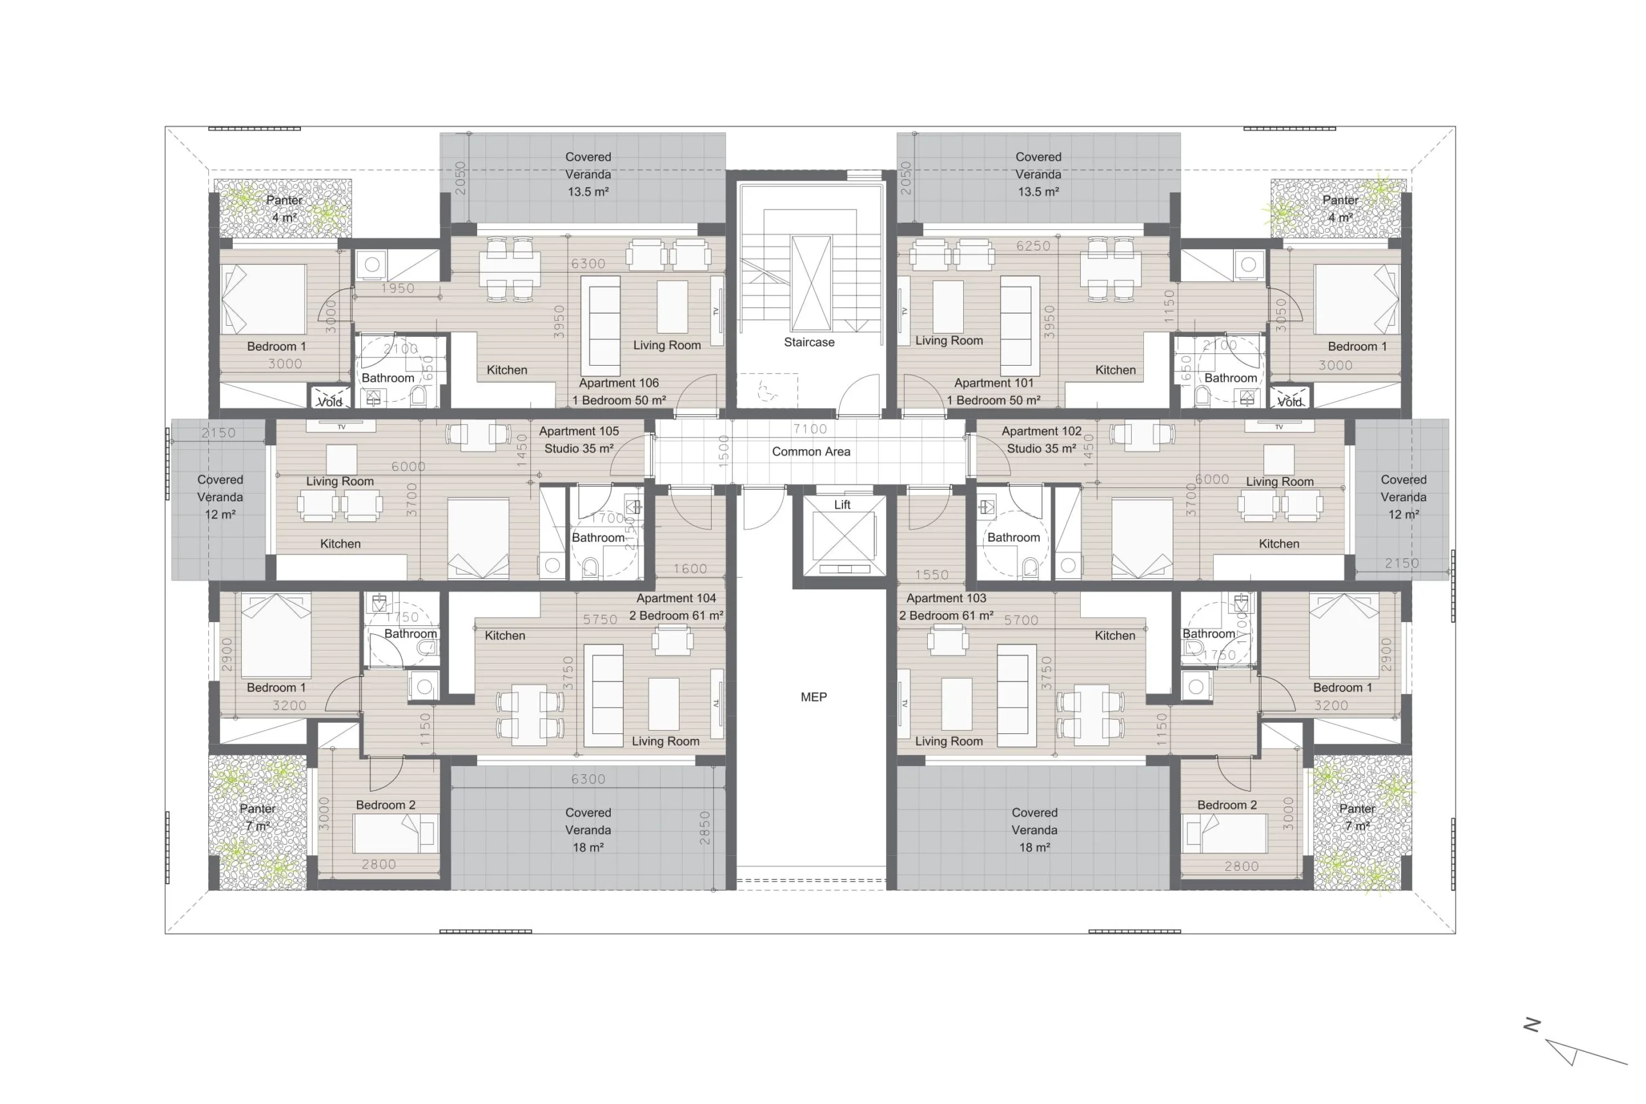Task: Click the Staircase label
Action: click(809, 342)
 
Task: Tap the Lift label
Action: click(842, 505)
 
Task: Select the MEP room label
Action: click(813, 697)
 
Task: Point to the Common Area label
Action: click(811, 451)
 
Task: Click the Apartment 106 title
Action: click(619, 383)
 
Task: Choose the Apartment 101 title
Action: click(994, 383)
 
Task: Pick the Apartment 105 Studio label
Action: click(579, 440)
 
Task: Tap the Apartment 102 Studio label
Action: click(1041, 440)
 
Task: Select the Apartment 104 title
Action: click(676, 598)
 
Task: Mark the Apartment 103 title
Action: click(946, 598)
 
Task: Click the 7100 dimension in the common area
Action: click(810, 429)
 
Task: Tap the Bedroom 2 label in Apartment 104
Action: click(385, 805)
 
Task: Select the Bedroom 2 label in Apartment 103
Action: click(1227, 805)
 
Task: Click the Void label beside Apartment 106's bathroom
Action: click(330, 402)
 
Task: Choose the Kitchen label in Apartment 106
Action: click(507, 369)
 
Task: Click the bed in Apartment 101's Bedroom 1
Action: click(1357, 299)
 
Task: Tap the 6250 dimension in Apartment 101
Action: click(1033, 245)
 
